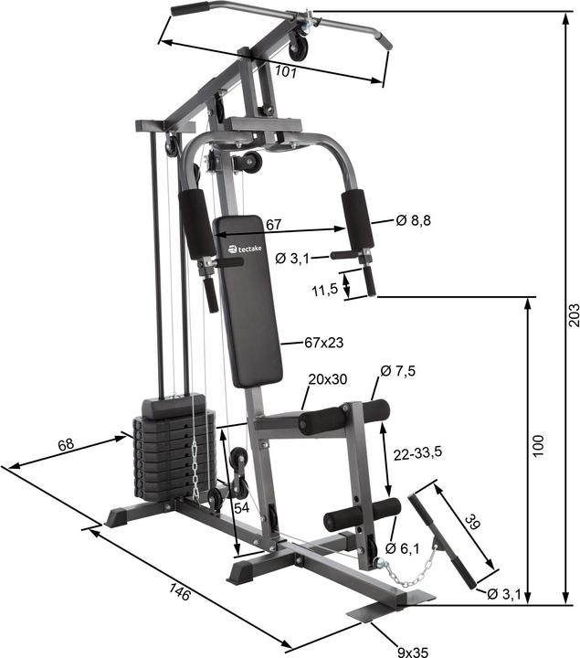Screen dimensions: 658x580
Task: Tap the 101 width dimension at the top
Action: click(285, 71)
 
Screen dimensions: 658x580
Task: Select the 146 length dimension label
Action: click(180, 592)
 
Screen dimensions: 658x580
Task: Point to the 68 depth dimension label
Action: click(66, 445)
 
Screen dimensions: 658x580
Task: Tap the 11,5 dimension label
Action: click(325, 290)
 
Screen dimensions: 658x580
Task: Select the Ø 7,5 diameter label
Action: click(398, 371)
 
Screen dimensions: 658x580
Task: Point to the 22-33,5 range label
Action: click(417, 454)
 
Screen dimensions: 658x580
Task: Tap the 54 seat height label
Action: click(241, 506)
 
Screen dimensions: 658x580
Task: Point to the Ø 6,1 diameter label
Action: click(403, 548)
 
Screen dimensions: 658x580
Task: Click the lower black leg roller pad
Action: click(362, 515)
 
